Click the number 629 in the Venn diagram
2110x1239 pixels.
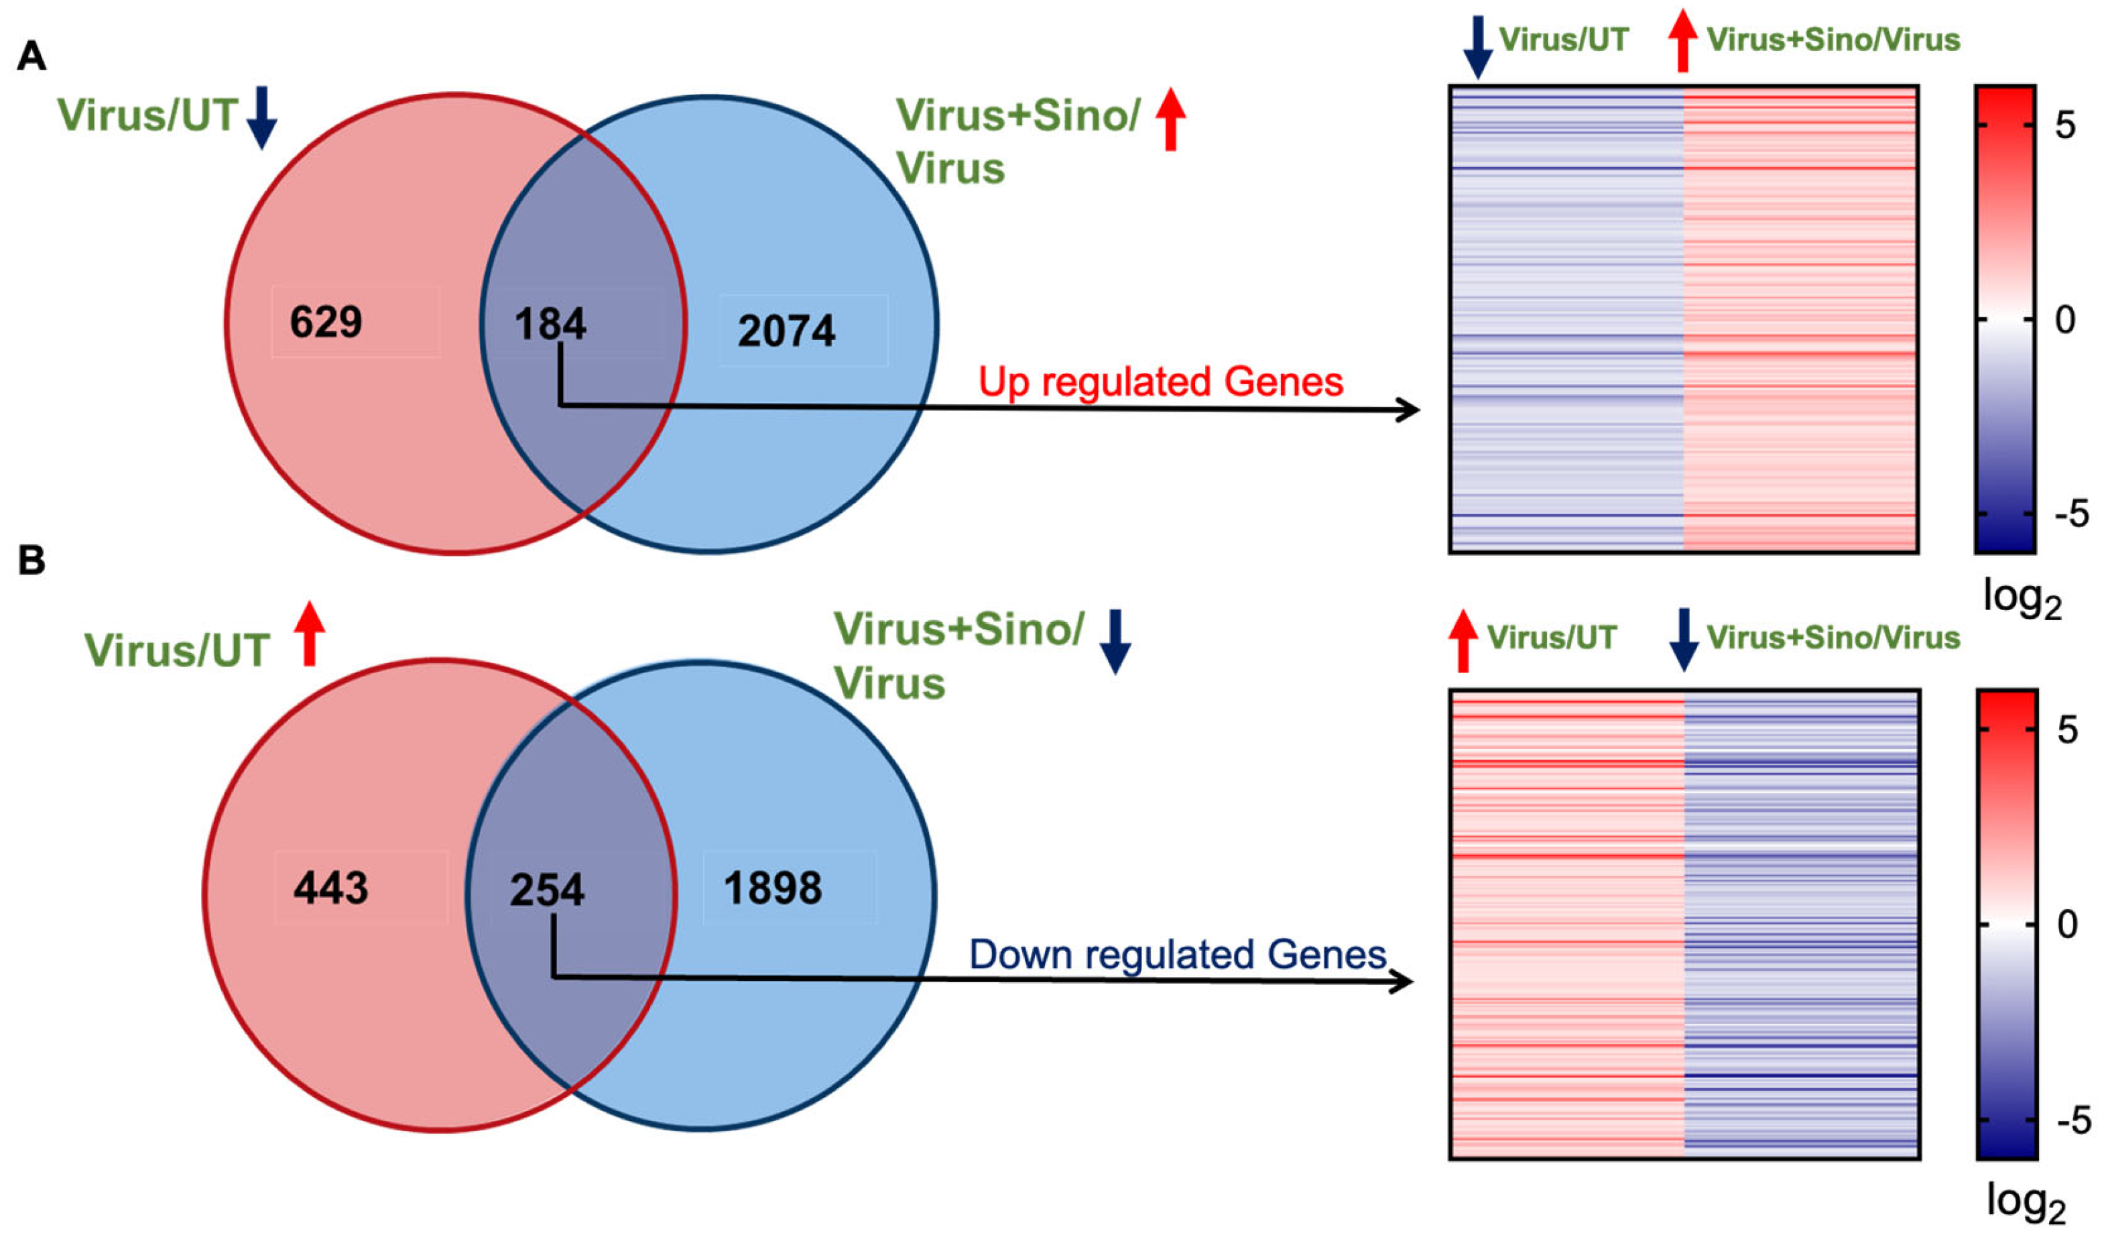[326, 322]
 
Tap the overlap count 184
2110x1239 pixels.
[550, 324]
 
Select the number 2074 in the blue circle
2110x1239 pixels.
[786, 331]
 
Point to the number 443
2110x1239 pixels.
[330, 888]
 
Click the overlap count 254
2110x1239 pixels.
[547, 890]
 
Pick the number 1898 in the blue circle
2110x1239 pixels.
[773, 888]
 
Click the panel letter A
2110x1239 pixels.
[32, 57]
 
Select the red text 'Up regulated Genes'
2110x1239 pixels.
[1160, 382]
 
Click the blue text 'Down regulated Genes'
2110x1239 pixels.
[1177, 955]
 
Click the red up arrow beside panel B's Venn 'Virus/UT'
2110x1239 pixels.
[309, 634]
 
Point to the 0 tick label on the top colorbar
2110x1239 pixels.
[2066, 320]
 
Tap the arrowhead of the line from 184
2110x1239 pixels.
[1411, 410]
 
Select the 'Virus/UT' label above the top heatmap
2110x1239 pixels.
[1563, 40]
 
